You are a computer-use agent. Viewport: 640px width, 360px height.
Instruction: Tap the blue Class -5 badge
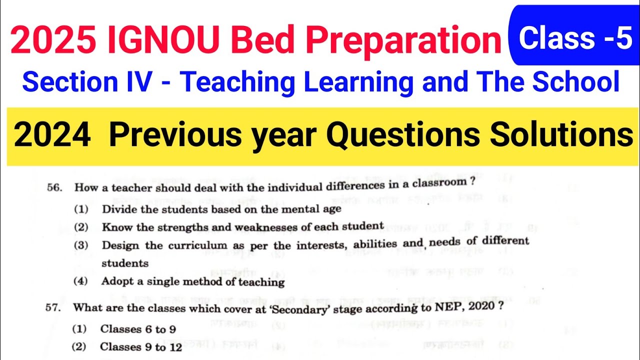click(x=575, y=39)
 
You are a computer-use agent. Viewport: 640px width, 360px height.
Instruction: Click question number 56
click(x=53, y=188)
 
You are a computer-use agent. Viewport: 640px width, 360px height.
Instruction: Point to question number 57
click(x=53, y=308)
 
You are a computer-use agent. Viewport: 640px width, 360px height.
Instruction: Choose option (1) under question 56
click(x=81, y=209)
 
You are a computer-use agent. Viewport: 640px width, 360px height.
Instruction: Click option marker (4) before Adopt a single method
click(x=80, y=281)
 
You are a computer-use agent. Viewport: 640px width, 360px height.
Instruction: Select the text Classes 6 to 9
click(x=137, y=329)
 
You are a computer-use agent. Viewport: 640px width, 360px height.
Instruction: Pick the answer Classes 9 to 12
click(x=141, y=346)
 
